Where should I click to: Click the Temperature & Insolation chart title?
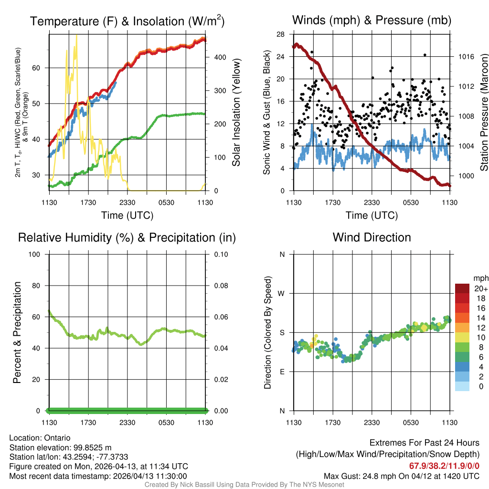tap(127, 21)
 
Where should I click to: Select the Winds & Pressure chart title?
tap(372, 20)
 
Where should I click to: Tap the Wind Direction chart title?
tap(372, 237)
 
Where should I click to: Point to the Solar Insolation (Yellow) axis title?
tap(236, 113)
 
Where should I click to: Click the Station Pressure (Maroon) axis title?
tap(483, 113)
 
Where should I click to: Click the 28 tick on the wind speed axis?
tap(282, 34)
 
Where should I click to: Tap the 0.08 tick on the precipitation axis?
tap(220, 286)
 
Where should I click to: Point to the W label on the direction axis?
tap(282, 293)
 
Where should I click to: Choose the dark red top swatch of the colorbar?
tap(462, 288)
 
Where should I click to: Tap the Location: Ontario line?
tap(40, 438)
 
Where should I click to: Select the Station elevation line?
tap(60, 447)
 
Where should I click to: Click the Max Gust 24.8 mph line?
tap(401, 476)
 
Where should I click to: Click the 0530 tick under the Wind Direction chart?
tap(411, 423)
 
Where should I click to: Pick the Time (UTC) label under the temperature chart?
tap(127, 215)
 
